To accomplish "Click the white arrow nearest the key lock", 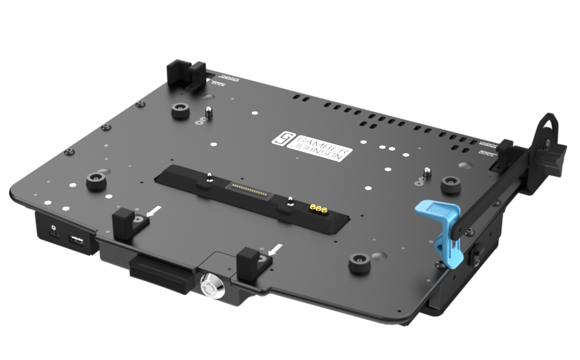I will [275, 248].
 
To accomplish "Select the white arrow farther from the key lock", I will [156, 211].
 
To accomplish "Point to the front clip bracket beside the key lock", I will [252, 261].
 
